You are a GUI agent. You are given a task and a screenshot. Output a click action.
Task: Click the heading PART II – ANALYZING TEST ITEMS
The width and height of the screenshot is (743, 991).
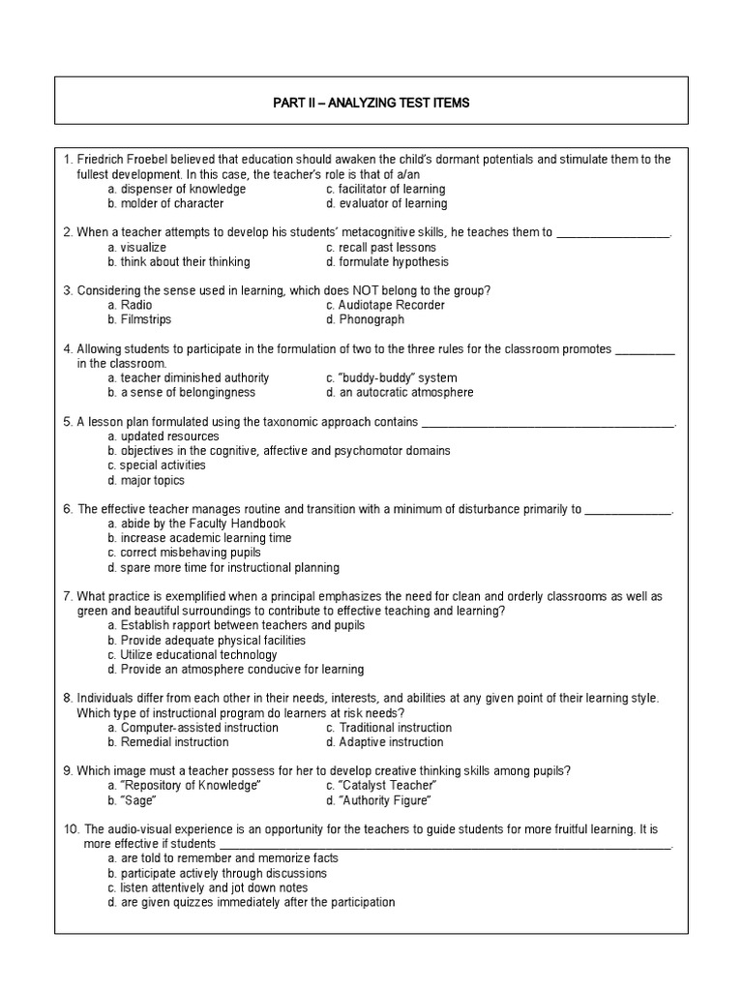[371, 103]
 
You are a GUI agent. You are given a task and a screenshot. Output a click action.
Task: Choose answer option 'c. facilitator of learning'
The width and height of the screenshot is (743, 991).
[385, 189]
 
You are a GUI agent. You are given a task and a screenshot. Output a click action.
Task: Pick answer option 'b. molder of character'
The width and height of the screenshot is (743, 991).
[165, 203]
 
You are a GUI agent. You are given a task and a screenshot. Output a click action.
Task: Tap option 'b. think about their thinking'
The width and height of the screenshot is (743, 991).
[178, 261]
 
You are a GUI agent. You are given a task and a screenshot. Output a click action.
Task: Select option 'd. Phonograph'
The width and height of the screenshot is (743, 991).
[365, 319]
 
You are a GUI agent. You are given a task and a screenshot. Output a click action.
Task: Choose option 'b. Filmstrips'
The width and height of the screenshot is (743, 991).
[139, 319]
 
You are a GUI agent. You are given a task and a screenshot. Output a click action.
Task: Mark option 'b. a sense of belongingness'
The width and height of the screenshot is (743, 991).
[182, 392]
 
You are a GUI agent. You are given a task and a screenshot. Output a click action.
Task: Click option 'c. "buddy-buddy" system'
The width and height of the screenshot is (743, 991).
[392, 377]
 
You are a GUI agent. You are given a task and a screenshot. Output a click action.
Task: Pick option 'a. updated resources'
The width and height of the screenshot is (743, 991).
[163, 436]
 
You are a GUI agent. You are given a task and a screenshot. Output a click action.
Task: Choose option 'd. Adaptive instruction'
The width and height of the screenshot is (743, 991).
[384, 742]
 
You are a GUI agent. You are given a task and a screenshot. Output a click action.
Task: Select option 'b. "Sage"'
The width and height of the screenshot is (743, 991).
[132, 800]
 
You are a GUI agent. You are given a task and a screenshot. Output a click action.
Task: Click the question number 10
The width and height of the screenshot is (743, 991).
[70, 829]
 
